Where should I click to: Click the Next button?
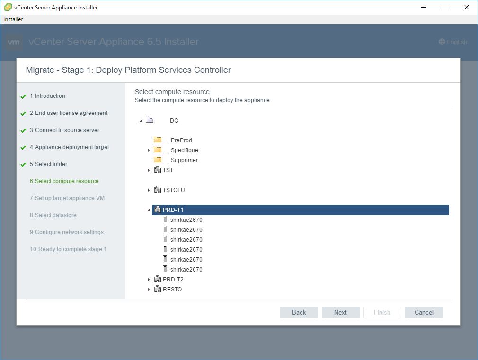click(x=340, y=312)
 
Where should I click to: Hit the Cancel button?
click(x=424, y=312)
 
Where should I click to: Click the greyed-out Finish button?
click(x=382, y=312)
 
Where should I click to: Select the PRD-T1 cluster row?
click(x=300, y=210)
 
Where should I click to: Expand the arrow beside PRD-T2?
click(x=149, y=280)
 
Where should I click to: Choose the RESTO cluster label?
click(x=172, y=290)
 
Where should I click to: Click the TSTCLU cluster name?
click(x=174, y=190)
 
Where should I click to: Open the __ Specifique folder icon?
click(x=158, y=149)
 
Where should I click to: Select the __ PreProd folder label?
click(x=177, y=140)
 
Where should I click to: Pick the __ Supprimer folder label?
click(x=180, y=160)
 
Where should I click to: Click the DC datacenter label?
click(x=174, y=121)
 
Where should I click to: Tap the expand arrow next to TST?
click(x=149, y=170)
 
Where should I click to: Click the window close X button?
click(x=467, y=7)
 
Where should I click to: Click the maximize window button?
click(x=445, y=7)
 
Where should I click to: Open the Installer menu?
click(x=13, y=19)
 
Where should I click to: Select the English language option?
click(x=453, y=42)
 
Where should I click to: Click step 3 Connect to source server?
click(x=65, y=130)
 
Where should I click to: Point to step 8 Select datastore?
click(x=53, y=215)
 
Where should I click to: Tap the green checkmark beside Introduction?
click(x=23, y=97)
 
